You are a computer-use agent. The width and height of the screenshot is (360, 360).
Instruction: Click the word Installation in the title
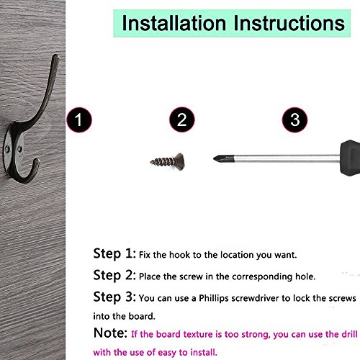(x=174, y=23)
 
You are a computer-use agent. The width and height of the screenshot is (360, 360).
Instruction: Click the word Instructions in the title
(x=289, y=23)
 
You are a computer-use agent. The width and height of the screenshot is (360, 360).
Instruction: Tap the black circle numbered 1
(x=79, y=120)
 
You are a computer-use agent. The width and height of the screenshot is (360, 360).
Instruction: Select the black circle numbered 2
(x=182, y=120)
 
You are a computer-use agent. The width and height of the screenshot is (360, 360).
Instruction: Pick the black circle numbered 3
(x=294, y=120)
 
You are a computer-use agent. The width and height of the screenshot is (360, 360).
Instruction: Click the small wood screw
(x=168, y=161)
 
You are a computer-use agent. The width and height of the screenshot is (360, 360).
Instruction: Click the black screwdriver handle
(x=350, y=158)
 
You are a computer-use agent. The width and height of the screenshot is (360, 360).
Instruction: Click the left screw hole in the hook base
(x=7, y=150)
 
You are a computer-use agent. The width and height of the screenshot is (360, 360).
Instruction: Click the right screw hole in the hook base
(x=19, y=150)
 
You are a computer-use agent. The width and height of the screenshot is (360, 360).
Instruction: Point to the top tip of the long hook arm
(x=56, y=55)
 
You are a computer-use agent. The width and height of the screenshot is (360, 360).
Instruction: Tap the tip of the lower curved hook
(x=37, y=160)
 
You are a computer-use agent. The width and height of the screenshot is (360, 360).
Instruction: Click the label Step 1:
(x=114, y=253)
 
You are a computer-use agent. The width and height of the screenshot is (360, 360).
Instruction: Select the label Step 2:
(x=114, y=275)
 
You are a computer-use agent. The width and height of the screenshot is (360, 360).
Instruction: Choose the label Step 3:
(x=114, y=297)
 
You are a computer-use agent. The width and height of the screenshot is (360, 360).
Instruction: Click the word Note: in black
(x=110, y=333)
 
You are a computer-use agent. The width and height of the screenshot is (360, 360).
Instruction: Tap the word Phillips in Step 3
(x=214, y=298)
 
